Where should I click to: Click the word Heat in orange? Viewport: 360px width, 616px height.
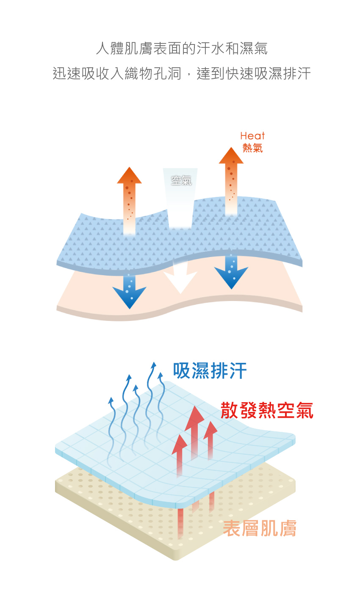(252, 136)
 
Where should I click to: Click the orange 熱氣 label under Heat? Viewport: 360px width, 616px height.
(252, 148)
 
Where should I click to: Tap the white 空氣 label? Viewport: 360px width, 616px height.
(181, 180)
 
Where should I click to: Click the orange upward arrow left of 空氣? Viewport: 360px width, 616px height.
(129, 199)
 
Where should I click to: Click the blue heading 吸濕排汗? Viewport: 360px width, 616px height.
(210, 371)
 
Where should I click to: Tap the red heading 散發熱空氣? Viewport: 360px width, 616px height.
(267, 411)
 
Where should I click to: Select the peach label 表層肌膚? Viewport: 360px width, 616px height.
(259, 528)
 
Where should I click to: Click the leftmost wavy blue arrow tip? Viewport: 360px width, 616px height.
(111, 400)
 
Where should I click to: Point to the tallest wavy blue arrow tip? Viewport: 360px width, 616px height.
(153, 365)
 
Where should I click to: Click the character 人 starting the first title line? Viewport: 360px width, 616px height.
(103, 48)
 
